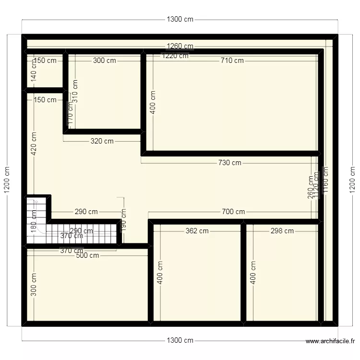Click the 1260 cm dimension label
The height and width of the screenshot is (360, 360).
(180, 46)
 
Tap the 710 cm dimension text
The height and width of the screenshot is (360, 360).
(232, 60)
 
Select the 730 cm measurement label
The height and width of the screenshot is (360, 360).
(229, 163)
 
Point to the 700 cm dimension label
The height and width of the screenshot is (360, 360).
(233, 212)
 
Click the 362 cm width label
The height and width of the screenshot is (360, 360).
(197, 231)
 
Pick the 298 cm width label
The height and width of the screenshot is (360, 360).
(282, 231)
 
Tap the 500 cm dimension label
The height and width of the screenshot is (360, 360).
(87, 255)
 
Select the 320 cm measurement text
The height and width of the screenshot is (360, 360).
(102, 141)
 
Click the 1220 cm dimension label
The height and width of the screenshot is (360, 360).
(175, 56)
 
